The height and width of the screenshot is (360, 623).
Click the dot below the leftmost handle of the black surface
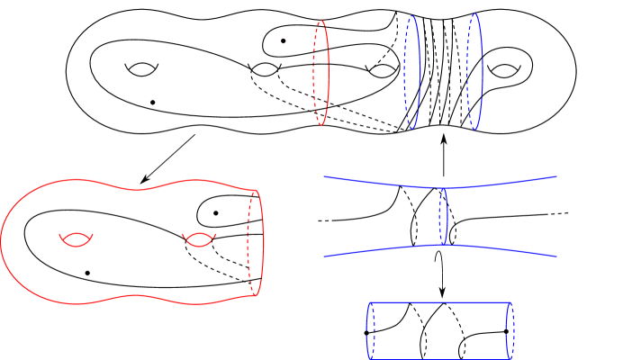tap(154, 102)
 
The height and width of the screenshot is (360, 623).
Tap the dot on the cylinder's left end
tap(366, 333)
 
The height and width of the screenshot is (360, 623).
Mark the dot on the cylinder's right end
tap(507, 331)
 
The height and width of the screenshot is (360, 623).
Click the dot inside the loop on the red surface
tap(216, 212)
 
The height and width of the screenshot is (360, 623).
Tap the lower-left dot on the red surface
tap(87, 272)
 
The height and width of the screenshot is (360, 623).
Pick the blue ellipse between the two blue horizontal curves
tap(442, 216)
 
